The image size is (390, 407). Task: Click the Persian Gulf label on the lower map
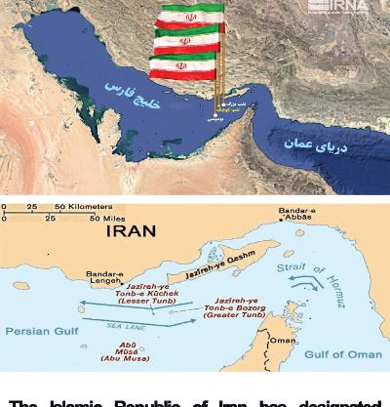pos(36,331)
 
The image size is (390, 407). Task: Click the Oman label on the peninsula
pos(281,340)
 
